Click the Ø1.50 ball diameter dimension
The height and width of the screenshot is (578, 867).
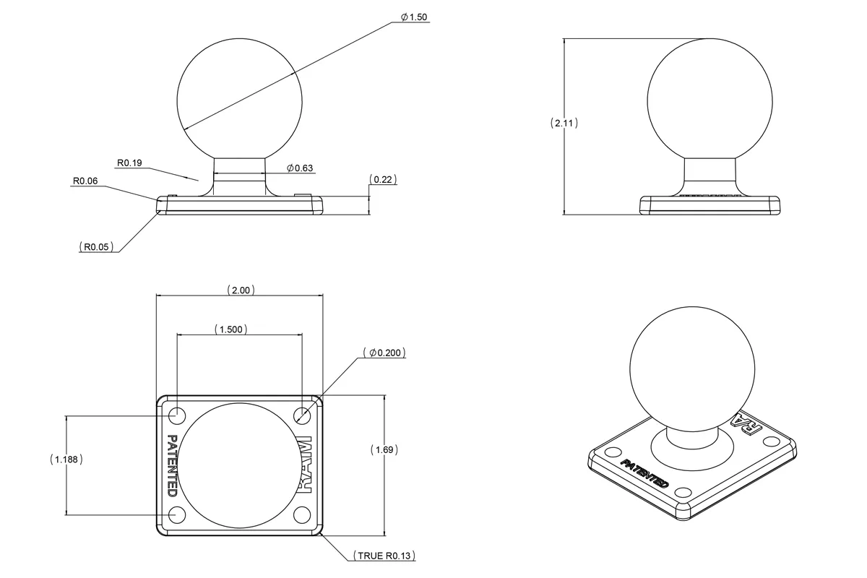pos(413,17)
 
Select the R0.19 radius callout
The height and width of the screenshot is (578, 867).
pos(128,163)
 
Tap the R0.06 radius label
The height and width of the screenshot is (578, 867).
pos(85,181)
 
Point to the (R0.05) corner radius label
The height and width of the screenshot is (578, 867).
pos(96,247)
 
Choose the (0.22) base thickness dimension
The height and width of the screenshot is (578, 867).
pos(383,179)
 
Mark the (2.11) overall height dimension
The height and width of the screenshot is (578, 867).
pos(564,123)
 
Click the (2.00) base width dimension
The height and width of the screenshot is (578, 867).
pos(240,290)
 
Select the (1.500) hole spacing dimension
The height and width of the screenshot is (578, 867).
pos(231,329)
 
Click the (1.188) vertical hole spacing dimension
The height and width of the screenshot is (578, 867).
pos(66,459)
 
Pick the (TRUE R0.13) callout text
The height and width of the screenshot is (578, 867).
pos(384,556)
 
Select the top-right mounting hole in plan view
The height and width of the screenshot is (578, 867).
pos(303,415)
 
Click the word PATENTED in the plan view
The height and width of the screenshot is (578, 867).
pos(172,465)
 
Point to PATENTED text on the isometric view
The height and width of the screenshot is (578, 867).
pos(644,473)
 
